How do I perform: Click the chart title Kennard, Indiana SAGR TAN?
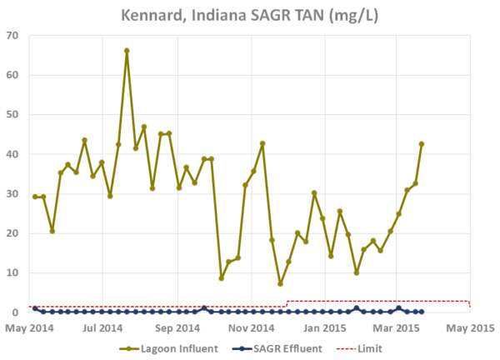point(249,15)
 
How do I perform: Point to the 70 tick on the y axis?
point(13,36)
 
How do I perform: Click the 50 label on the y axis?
point(13,115)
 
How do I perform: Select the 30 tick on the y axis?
point(13,194)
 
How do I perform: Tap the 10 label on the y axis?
point(13,273)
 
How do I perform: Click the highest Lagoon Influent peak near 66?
point(127,51)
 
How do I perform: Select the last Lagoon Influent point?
point(422,143)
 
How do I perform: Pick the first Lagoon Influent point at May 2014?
point(34,197)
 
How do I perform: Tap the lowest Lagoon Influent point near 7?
point(280,283)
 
